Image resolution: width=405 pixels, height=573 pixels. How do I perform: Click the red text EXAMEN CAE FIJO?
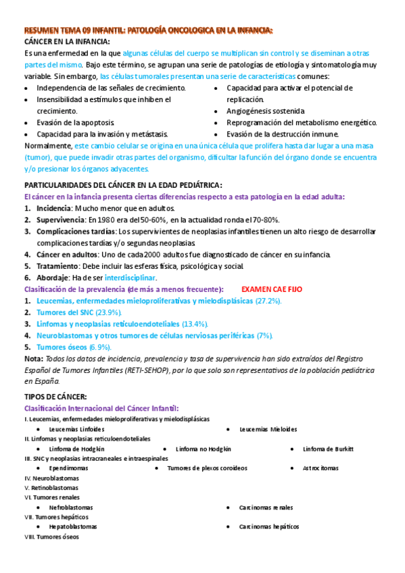(x=272, y=289)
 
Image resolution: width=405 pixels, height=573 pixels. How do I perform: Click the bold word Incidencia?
(x=53, y=208)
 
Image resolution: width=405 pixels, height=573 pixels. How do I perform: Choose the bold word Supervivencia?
(x=60, y=220)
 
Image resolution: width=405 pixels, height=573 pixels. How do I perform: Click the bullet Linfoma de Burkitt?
(x=328, y=449)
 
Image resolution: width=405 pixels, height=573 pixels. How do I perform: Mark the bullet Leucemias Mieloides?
(x=268, y=429)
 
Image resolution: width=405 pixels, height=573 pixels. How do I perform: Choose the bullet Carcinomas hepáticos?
(x=268, y=526)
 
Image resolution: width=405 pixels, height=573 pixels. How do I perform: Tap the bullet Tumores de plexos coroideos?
(x=207, y=468)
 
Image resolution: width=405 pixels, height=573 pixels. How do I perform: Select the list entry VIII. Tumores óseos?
(x=51, y=537)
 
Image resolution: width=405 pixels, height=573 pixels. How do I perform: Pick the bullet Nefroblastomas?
(x=71, y=507)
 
